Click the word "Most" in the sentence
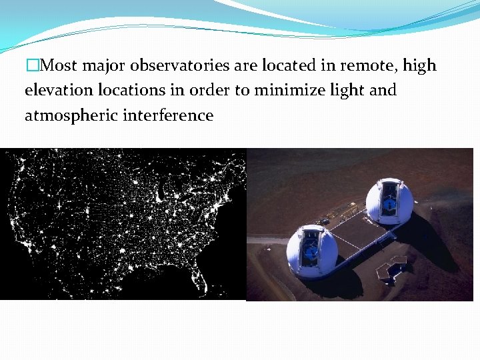pyautogui.click(x=59, y=66)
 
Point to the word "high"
pyautogui.click(x=420, y=66)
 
